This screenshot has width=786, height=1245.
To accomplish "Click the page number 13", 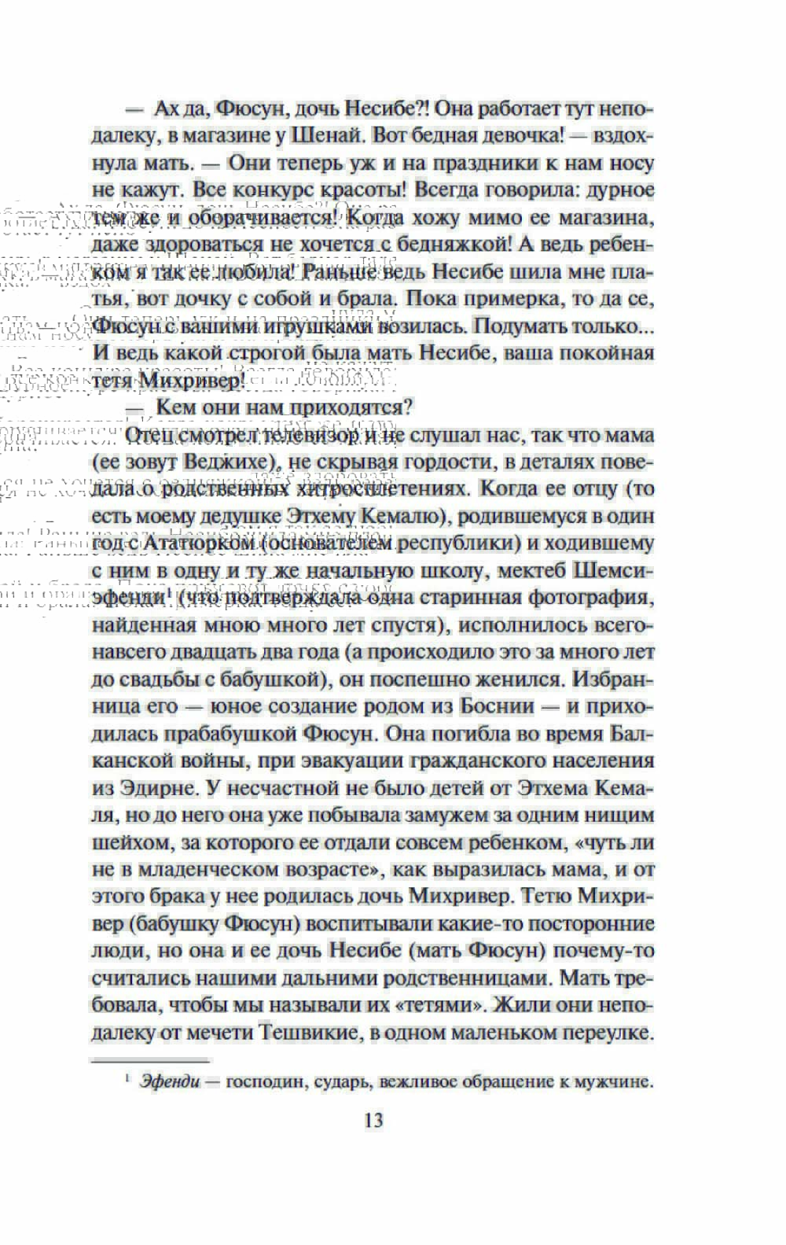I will click(374, 1119).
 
